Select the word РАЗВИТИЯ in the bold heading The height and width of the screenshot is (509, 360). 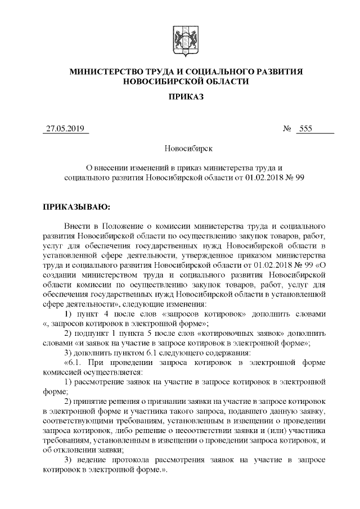click(x=275, y=71)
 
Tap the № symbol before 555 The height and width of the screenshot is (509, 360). click(x=287, y=129)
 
